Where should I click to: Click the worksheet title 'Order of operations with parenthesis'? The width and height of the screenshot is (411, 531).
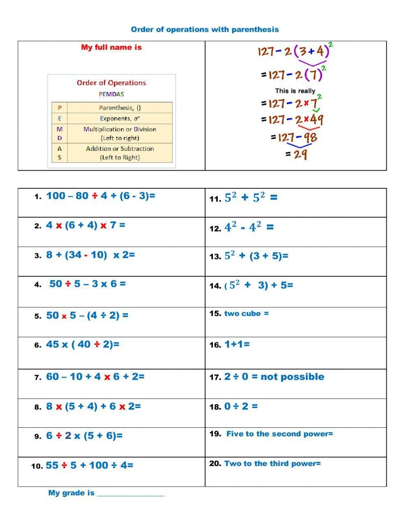pos(205,30)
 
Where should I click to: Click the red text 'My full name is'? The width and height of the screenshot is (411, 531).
pos(111,47)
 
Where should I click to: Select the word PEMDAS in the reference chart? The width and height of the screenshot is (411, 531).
pos(111,94)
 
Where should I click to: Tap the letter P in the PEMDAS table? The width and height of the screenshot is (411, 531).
pos(60,108)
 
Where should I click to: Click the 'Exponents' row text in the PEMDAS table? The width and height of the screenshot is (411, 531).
pos(120,118)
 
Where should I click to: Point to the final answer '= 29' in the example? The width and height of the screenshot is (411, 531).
pos(296,154)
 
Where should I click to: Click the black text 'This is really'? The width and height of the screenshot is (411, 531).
pos(295,91)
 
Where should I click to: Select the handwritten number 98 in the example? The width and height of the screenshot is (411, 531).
pos(310,137)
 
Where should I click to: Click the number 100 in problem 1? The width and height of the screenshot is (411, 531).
pos(55,196)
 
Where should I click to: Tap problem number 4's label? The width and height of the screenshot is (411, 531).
pos(38,285)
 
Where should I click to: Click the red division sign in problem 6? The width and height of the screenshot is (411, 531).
pos(97,345)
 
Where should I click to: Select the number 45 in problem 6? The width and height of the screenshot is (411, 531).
pos(52,345)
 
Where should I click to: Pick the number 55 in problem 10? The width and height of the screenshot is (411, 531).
pos(52,466)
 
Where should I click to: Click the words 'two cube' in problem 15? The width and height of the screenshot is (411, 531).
pos(242,313)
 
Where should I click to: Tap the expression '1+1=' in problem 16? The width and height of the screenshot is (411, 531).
pos(237,345)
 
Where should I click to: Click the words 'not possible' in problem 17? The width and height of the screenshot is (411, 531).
pos(292,377)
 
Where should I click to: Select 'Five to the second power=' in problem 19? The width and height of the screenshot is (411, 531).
pos(279,434)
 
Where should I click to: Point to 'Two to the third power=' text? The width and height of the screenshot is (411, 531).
pos(272,464)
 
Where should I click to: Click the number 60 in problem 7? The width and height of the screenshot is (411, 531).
pos(52,377)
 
